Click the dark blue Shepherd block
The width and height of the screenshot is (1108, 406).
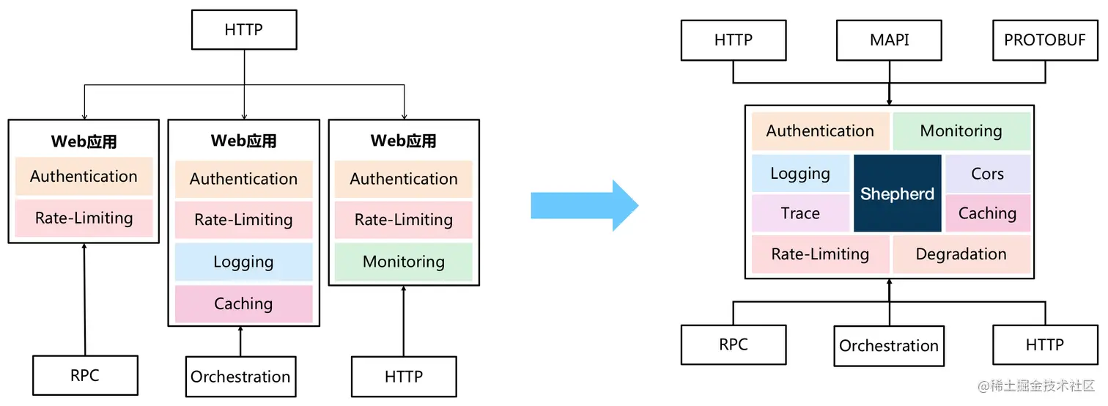point(897,193)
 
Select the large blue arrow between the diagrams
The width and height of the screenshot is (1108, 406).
point(584,206)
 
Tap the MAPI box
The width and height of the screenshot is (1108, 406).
point(889,40)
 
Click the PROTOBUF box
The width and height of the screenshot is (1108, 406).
point(1044,40)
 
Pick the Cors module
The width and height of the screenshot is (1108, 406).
point(987,174)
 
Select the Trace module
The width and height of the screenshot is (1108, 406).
point(800,213)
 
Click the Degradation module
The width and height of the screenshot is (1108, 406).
point(961,254)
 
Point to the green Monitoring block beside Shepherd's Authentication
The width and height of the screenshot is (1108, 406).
point(961,131)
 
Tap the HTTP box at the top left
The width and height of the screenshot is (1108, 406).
point(244,30)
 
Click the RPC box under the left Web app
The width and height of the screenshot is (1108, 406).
point(85,375)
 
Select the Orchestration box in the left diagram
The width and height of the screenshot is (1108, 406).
point(240,377)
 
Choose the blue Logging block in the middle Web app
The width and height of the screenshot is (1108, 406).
point(243,262)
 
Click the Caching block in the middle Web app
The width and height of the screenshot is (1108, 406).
point(243,303)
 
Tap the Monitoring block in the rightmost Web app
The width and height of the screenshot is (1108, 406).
point(403,262)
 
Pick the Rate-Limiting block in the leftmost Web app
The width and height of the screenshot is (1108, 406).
point(84,218)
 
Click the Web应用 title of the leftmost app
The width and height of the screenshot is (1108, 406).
point(84,141)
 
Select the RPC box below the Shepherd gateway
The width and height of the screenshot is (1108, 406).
point(733,344)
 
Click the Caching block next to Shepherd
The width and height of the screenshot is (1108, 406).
point(987,213)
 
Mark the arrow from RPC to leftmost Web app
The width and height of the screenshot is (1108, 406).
point(84,300)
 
